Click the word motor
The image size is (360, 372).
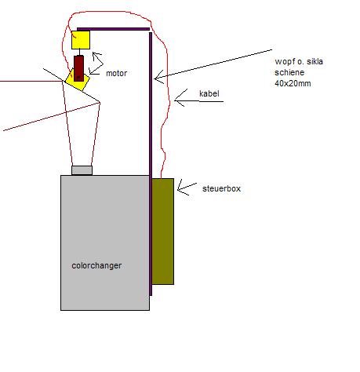click(116, 73)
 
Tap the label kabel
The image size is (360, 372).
click(209, 93)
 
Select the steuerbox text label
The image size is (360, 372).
click(221, 188)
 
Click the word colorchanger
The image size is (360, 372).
click(96, 266)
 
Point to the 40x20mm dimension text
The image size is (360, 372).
click(293, 83)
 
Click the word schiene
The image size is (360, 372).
click(289, 72)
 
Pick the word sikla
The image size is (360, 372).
click(315, 61)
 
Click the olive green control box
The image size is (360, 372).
click(163, 232)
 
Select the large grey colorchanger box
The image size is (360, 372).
click(105, 243)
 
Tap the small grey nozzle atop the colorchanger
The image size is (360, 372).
click(82, 170)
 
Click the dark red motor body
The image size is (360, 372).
click(79, 68)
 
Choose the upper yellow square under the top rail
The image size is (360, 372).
click(81, 40)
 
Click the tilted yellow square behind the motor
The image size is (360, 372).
click(78, 80)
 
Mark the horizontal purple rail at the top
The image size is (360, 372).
click(113, 29)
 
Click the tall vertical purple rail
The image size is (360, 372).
click(151, 164)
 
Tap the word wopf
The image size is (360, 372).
click(284, 62)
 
